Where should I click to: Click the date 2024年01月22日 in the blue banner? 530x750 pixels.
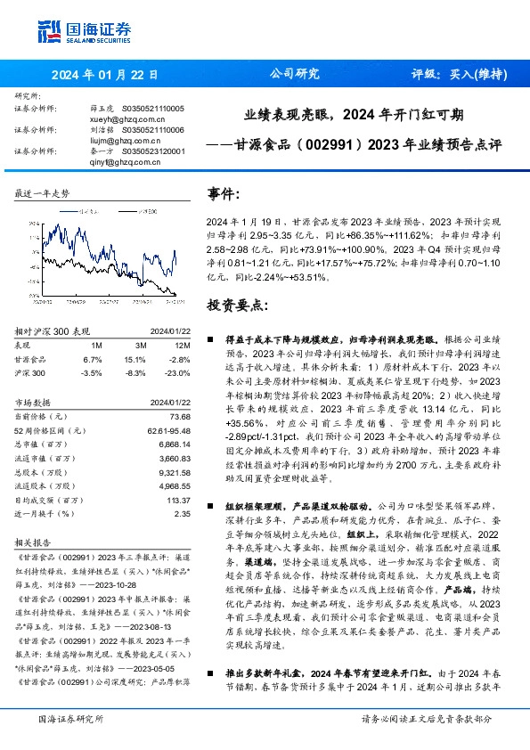104,75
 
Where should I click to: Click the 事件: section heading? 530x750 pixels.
224,192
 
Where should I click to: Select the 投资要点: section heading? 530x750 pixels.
236,305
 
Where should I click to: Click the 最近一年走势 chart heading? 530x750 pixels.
43,192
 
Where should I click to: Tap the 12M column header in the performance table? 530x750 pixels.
183,345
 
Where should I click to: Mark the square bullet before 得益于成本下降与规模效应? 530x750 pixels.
209,339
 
